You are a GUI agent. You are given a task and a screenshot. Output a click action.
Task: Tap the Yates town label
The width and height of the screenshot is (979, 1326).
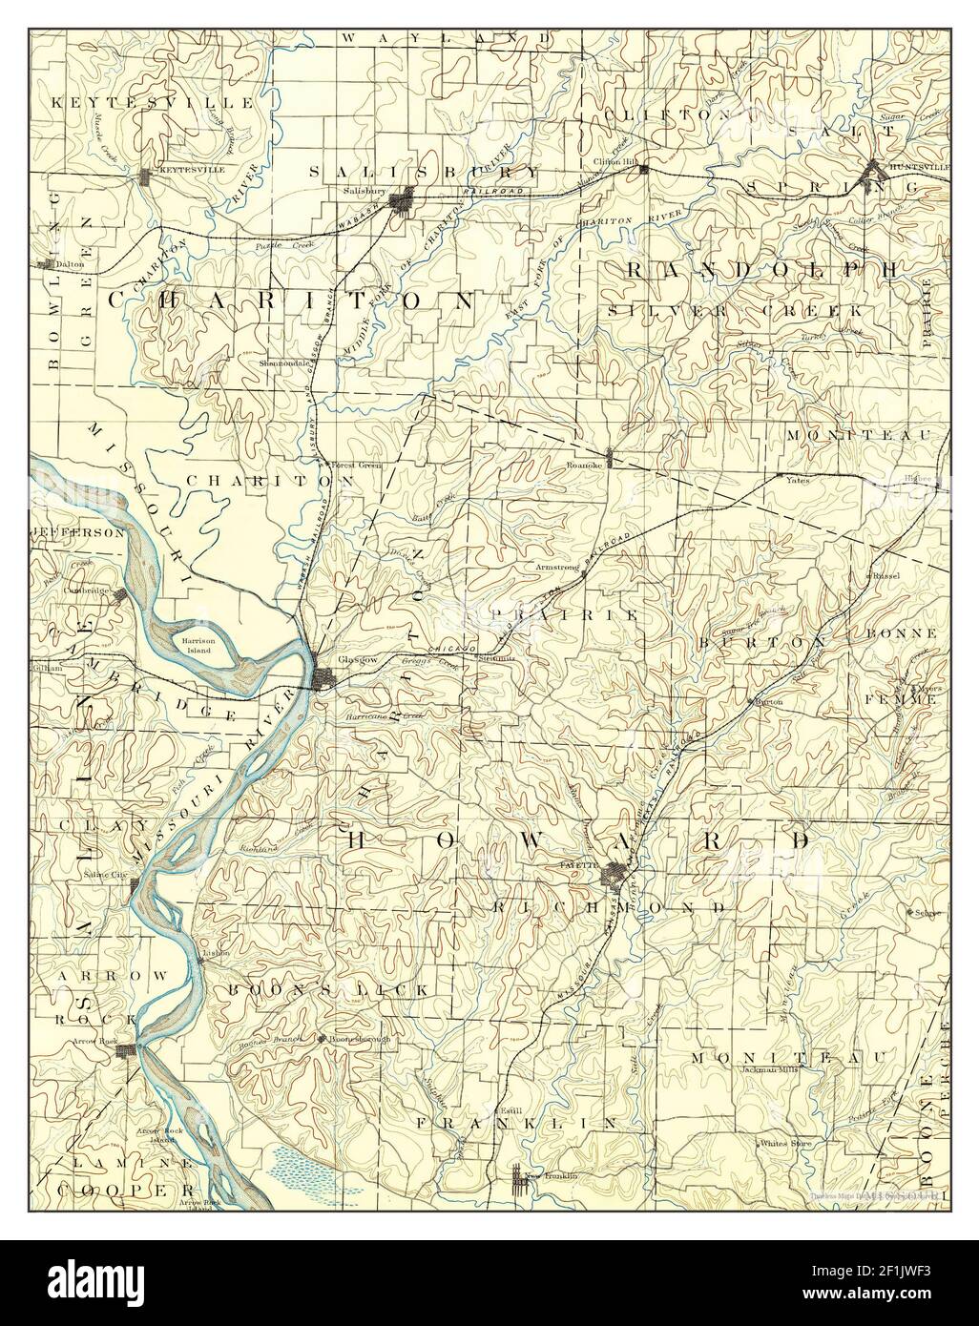pos(798,481)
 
